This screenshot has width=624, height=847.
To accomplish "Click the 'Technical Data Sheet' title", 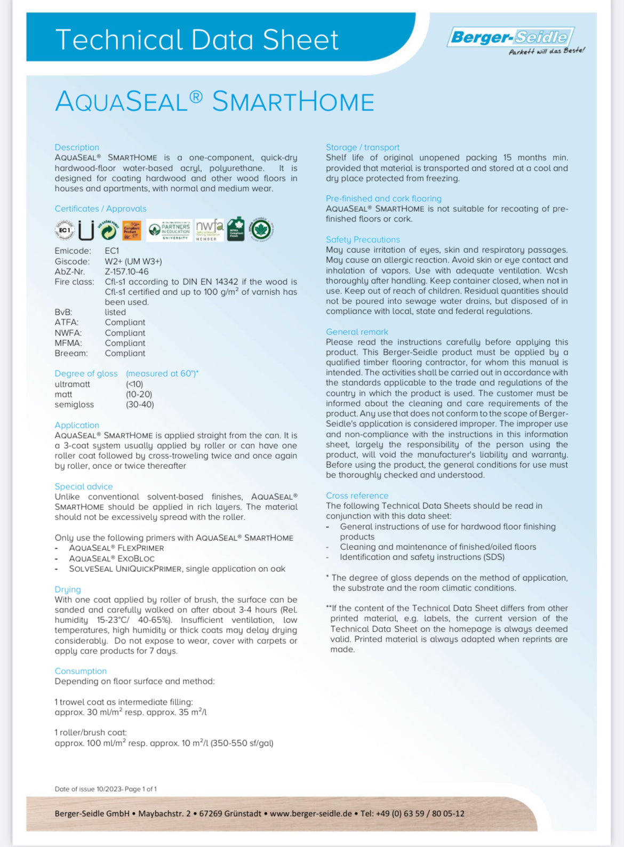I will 197,40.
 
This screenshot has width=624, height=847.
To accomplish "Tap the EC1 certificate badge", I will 64,230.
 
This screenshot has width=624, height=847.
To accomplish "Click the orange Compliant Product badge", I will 132,230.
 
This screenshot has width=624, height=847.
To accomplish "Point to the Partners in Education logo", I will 169,230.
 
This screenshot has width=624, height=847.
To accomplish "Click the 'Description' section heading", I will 77,147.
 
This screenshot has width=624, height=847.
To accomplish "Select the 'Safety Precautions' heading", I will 363,239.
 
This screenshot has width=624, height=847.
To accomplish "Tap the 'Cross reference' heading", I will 357,496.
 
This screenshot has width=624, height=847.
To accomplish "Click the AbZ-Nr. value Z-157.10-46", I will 126,271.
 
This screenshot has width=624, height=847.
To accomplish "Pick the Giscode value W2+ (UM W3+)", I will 133,261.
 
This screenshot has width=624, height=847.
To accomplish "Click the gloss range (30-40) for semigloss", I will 140,404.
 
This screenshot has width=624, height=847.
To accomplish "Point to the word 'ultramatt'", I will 72,384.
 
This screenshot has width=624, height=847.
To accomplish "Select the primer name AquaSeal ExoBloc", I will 111,558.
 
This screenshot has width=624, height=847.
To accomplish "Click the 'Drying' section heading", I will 68,589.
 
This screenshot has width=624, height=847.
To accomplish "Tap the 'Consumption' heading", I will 81,671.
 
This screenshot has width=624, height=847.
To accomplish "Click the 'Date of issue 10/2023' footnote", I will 106,789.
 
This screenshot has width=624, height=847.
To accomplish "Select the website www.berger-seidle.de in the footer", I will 310,813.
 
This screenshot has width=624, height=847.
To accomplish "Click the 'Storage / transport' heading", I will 363,147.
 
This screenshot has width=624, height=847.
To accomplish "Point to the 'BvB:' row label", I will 63,312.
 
